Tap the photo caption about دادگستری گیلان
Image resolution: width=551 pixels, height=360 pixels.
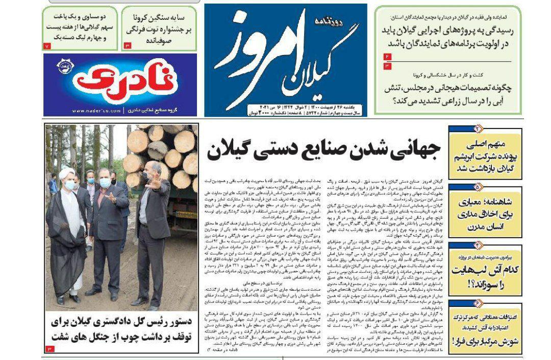click(120, 329)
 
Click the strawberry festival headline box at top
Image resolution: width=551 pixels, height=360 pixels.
click(159, 28)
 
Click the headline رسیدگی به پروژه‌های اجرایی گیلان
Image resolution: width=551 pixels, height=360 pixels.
click(448, 37)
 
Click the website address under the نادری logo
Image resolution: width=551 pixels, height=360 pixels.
click(89, 111)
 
